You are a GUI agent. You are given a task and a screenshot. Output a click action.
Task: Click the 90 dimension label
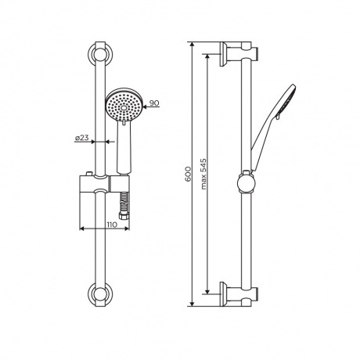(154, 103)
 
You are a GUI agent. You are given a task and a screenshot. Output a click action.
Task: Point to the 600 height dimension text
(188, 174)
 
